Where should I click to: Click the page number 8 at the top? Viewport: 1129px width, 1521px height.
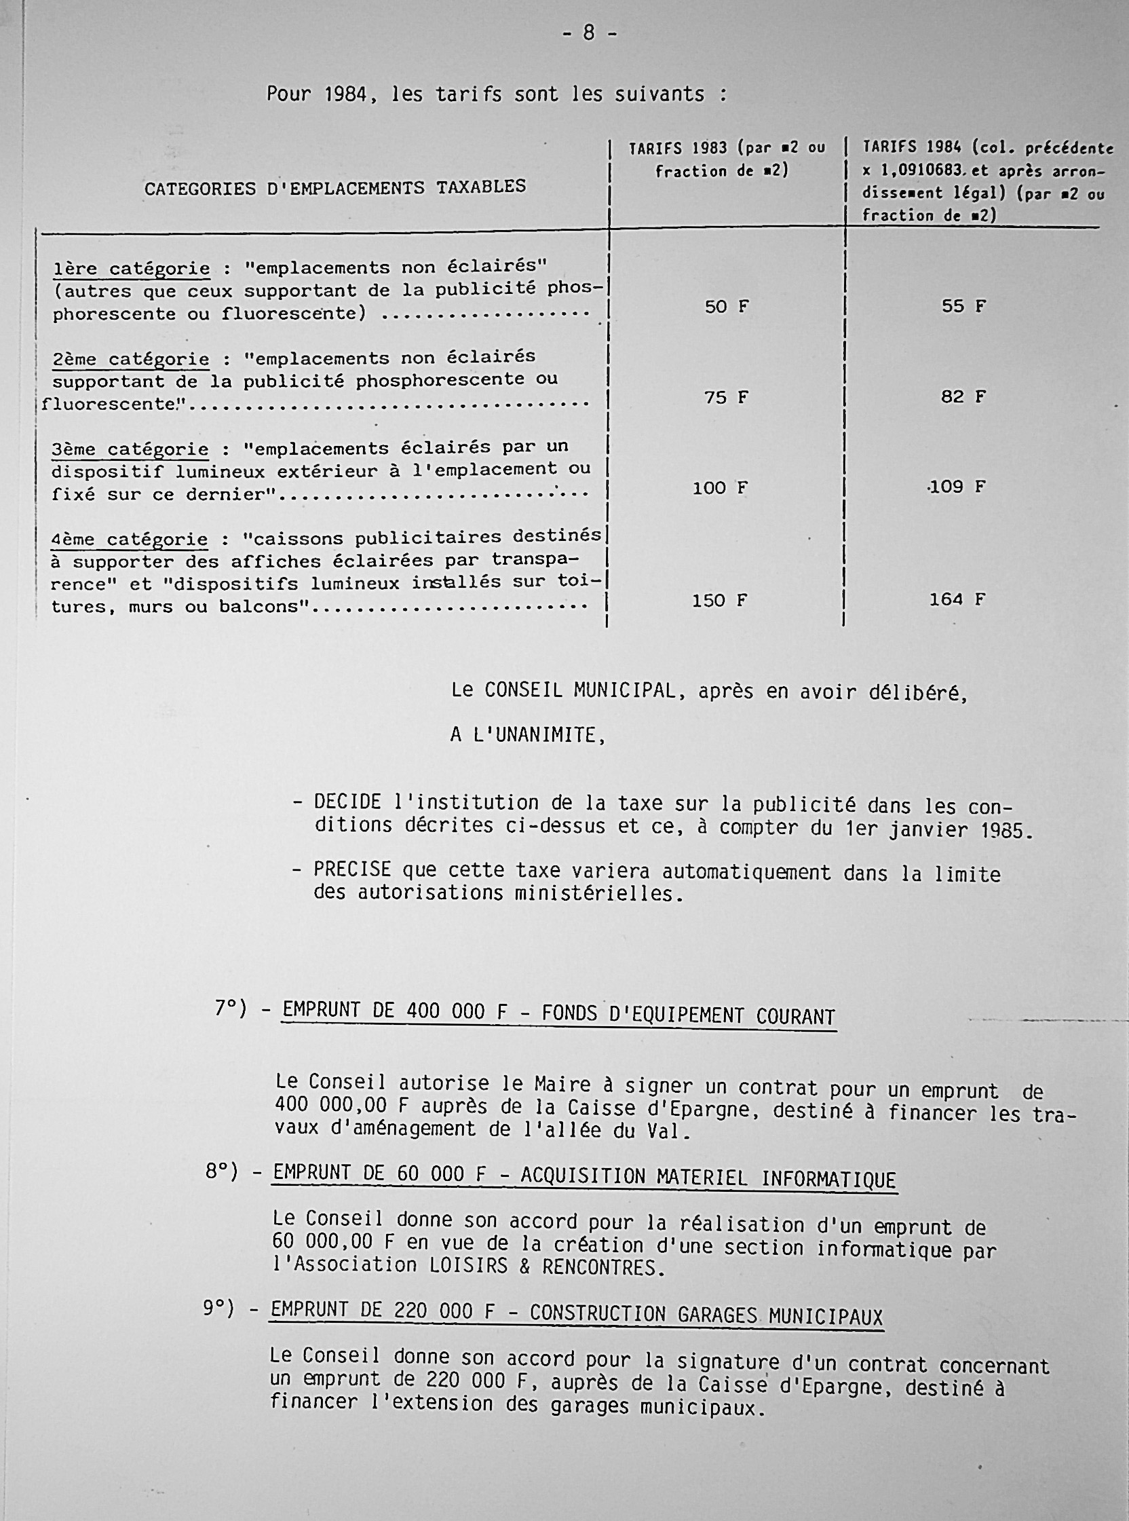point(589,33)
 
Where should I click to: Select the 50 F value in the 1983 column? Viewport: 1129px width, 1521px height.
point(727,307)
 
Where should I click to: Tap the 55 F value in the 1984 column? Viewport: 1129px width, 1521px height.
point(963,306)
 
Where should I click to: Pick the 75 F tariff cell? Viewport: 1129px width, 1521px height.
point(727,397)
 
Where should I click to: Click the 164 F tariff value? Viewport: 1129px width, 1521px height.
point(957,599)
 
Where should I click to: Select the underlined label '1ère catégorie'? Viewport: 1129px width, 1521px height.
point(131,269)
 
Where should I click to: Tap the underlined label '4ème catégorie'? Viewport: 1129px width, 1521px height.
point(130,540)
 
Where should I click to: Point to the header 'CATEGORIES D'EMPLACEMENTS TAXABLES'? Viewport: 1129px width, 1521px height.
point(335,187)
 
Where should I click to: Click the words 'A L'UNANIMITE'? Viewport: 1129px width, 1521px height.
point(528,735)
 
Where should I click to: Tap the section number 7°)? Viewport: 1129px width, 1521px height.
point(230,1009)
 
